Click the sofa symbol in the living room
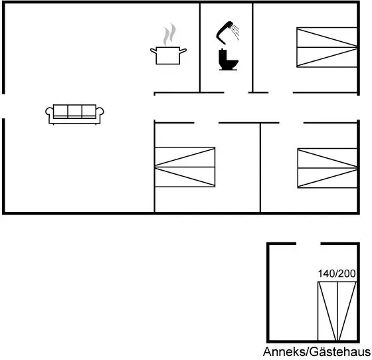point(74,114)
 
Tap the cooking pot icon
point(168,56)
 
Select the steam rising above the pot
point(169,34)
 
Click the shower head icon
point(227,33)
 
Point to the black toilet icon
point(229,59)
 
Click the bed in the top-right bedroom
point(327,47)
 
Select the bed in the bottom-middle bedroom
point(185,167)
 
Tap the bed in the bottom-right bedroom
point(327,168)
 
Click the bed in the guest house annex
point(337,311)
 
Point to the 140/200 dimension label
point(337,274)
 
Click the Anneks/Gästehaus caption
point(317,351)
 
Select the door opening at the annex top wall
point(308,244)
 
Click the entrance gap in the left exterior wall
point(3,106)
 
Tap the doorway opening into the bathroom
point(236,92)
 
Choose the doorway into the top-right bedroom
point(280,92)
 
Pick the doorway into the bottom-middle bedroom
point(207,123)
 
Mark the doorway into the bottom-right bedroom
point(292,123)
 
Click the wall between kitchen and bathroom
point(200,47)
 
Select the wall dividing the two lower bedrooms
point(260,167)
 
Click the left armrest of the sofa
point(49,112)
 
